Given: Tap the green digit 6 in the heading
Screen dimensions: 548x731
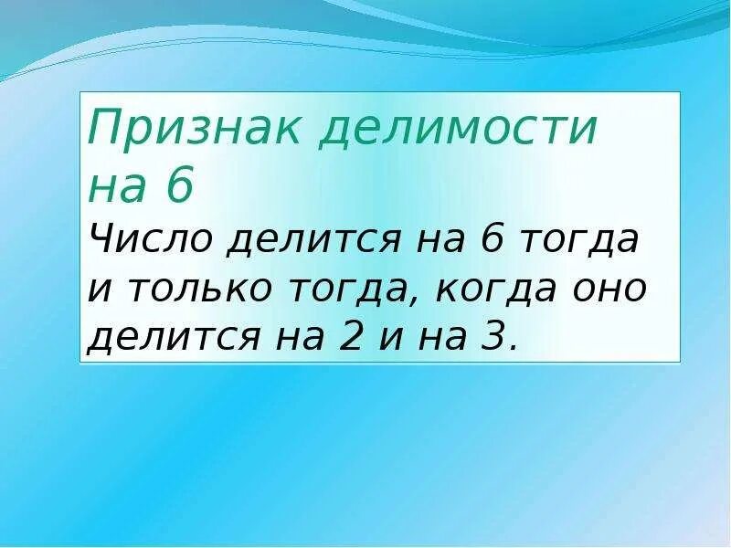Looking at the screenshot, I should coord(180,187).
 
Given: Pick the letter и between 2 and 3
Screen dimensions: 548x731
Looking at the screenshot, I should coord(390,339).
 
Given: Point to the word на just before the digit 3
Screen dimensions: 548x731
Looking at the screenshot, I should coord(445,339).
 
